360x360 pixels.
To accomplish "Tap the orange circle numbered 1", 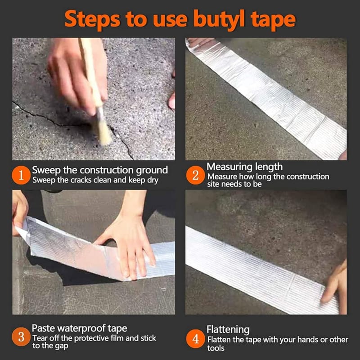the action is click(21, 175).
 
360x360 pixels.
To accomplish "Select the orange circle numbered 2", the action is click(195, 175).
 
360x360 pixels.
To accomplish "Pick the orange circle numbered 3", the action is click(21, 337).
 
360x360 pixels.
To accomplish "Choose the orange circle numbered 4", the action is click(195, 339).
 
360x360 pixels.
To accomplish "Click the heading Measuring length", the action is click(244, 167).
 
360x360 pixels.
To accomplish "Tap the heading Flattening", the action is click(228, 329).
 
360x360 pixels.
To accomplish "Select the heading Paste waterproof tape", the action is click(80, 328).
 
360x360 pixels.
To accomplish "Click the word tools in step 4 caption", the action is click(216, 348).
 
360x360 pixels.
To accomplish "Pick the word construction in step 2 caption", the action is click(308, 176).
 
